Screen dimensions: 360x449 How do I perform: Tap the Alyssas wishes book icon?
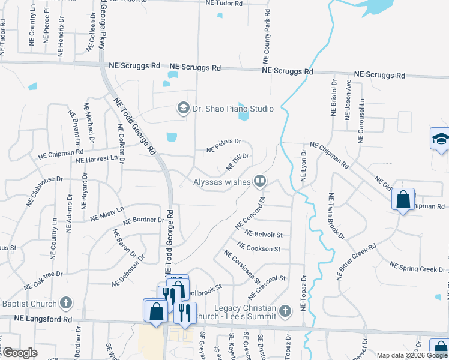tap(260, 180)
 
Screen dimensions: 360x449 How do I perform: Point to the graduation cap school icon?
tap(439, 139)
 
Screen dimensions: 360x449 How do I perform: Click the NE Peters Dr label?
tap(223, 145)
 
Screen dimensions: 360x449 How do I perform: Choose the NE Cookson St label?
tap(259, 247)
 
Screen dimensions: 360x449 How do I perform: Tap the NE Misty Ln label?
tap(107, 214)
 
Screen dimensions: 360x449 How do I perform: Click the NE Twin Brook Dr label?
tap(336, 216)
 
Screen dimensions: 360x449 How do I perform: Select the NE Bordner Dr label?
tap(144, 220)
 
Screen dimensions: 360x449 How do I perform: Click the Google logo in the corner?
tap(20, 353)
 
